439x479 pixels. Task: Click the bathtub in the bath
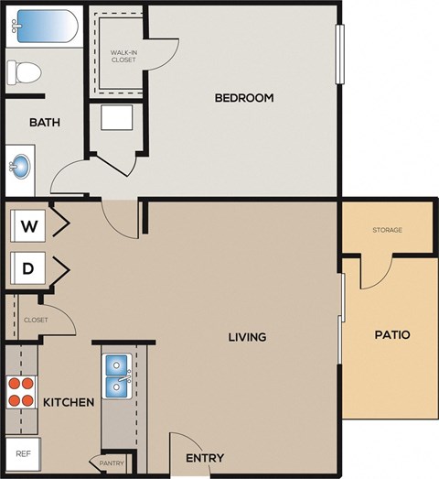click(44, 25)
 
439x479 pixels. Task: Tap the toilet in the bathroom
click(25, 71)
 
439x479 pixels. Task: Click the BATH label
click(45, 122)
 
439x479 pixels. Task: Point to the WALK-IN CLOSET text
click(123, 57)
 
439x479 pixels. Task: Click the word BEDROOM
click(244, 98)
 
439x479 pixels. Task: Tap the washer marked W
click(28, 225)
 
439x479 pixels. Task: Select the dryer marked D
click(28, 268)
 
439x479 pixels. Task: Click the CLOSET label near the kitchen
click(36, 320)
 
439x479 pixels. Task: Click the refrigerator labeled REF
click(22, 453)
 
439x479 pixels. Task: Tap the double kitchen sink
click(118, 376)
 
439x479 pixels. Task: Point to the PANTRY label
click(112, 463)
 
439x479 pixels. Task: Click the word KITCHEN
click(69, 402)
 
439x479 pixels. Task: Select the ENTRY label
click(205, 458)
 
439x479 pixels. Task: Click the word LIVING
click(247, 337)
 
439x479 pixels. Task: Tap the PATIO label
click(391, 335)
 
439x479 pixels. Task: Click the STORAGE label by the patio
click(387, 230)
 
